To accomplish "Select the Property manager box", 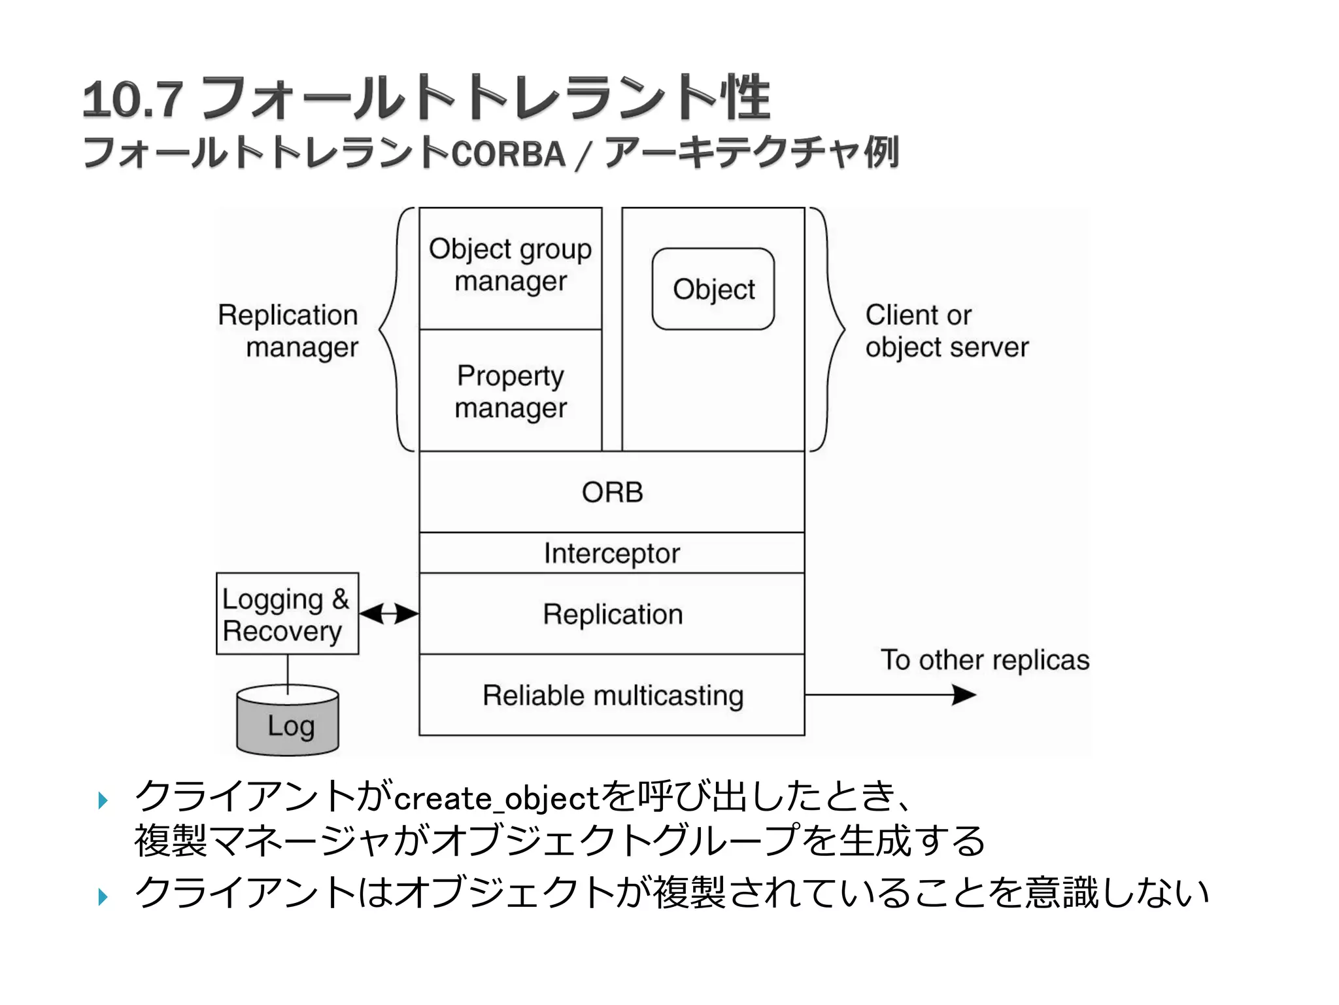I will point(510,391).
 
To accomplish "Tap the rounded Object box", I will point(713,289).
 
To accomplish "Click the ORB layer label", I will point(612,492).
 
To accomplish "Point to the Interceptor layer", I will point(612,554).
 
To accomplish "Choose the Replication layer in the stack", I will point(612,614).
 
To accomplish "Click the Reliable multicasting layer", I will point(612,696).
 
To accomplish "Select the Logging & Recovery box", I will point(286,614).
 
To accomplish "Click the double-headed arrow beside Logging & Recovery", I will point(388,614).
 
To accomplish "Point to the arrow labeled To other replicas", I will point(889,695).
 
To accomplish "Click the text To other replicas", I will point(985,660).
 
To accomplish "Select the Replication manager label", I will point(289,331).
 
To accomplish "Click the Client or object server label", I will point(946,331).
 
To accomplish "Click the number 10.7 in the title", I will point(133,100).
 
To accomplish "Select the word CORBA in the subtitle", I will point(508,154).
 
